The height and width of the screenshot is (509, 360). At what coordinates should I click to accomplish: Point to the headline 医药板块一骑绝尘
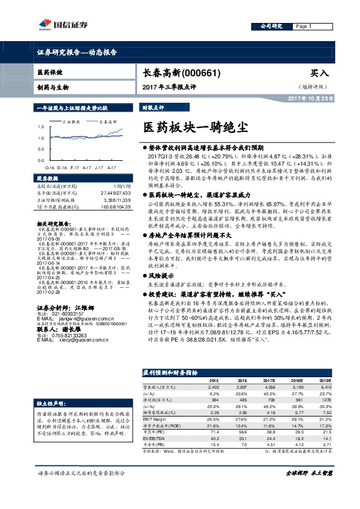point(194,128)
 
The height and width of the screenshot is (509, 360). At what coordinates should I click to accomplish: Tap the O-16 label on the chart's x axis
point(49,166)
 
